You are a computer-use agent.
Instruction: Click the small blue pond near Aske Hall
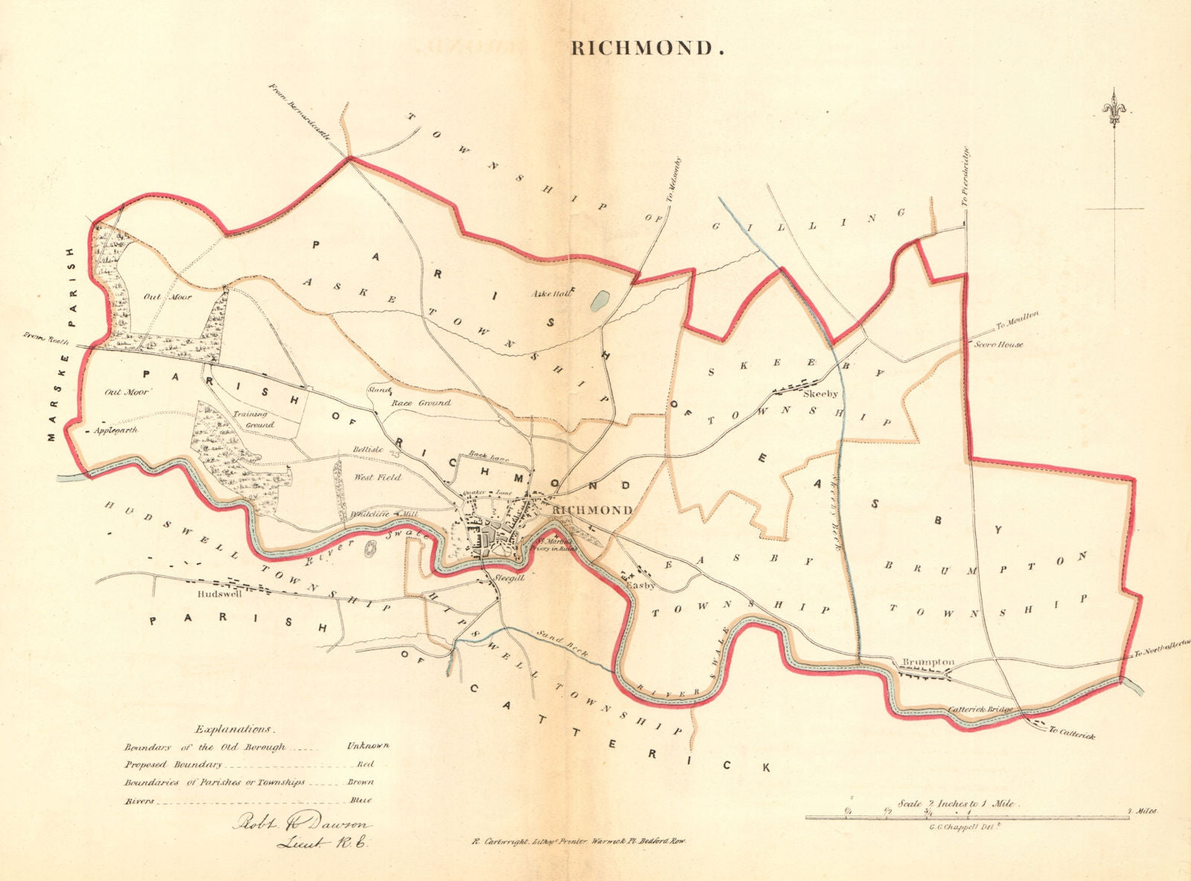600,300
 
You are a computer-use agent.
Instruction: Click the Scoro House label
998,345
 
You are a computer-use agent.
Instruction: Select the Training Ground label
252,419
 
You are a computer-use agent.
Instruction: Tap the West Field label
377,477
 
